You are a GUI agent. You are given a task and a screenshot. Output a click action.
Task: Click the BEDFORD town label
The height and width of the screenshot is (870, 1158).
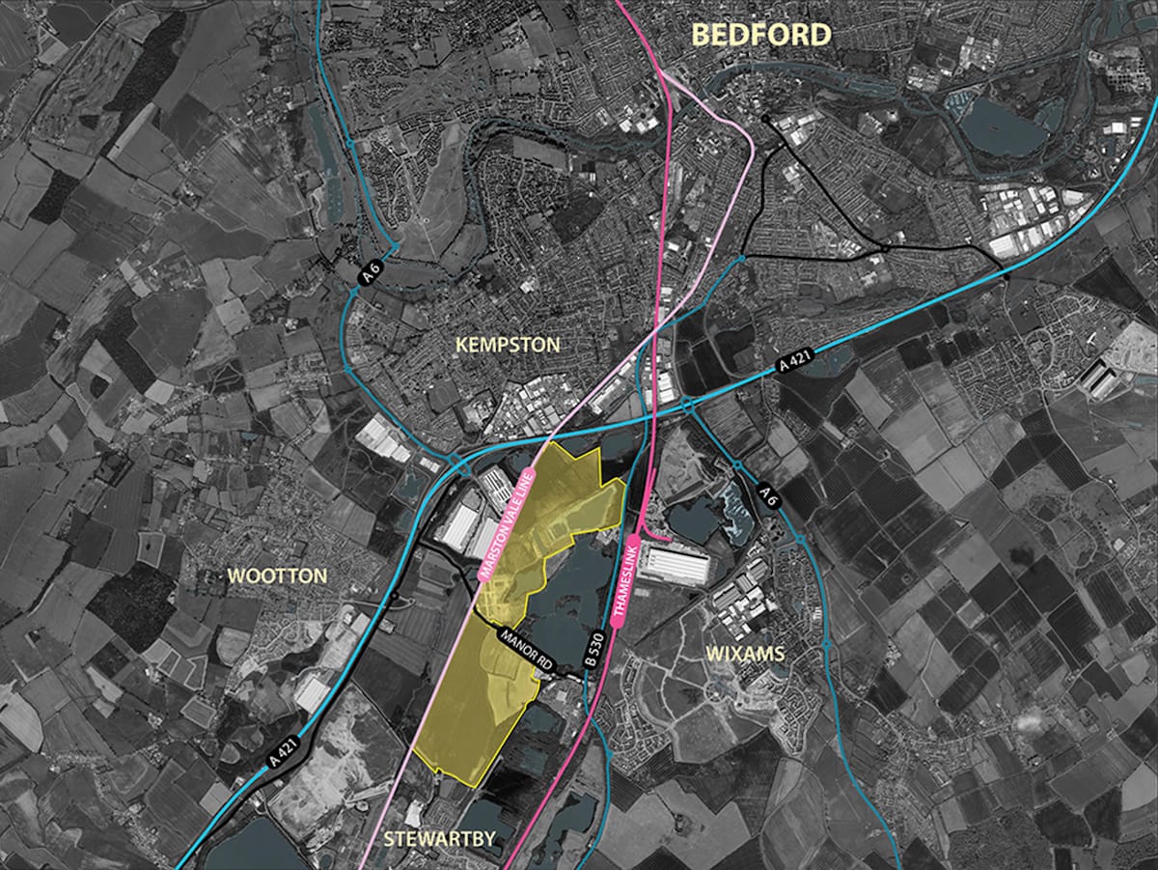coord(761,35)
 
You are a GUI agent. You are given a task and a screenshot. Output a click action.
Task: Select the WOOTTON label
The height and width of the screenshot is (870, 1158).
coord(277,576)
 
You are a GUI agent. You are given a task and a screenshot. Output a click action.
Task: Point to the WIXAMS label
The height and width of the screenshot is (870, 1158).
coord(745,654)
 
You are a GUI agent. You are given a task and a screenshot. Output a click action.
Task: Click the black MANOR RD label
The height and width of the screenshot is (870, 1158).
coord(526,651)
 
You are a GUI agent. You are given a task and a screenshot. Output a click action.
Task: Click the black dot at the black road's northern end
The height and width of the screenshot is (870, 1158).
coord(765,119)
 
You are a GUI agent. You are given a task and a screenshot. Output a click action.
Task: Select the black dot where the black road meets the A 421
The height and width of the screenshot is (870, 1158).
coord(1005,275)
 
